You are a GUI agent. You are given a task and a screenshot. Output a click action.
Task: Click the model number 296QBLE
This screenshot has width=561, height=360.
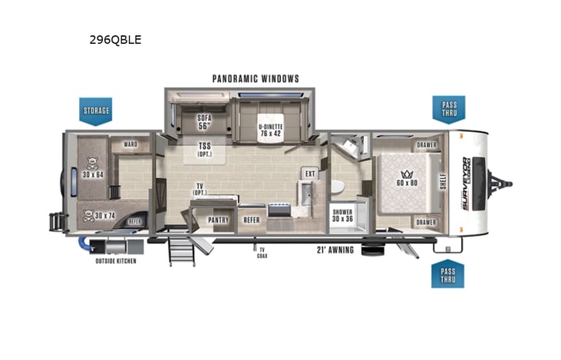[115, 40]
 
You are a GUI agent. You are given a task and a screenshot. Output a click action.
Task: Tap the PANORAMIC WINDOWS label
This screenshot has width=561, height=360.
[256, 78]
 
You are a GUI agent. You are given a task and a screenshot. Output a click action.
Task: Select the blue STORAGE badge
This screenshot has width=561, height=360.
[96, 111]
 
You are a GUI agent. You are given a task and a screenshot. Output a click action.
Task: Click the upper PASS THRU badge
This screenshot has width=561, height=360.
[448, 109]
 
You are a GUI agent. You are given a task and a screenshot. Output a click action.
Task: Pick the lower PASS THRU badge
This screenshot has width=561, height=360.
[447, 273]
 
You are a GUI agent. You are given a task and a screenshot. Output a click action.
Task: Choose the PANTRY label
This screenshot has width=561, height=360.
[219, 220]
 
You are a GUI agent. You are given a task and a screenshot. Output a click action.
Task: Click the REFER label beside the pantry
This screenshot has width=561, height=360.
[252, 220]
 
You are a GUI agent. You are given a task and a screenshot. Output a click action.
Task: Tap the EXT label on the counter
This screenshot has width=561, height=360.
[310, 174]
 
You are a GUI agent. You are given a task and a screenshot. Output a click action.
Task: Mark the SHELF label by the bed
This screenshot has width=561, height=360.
[442, 181]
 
